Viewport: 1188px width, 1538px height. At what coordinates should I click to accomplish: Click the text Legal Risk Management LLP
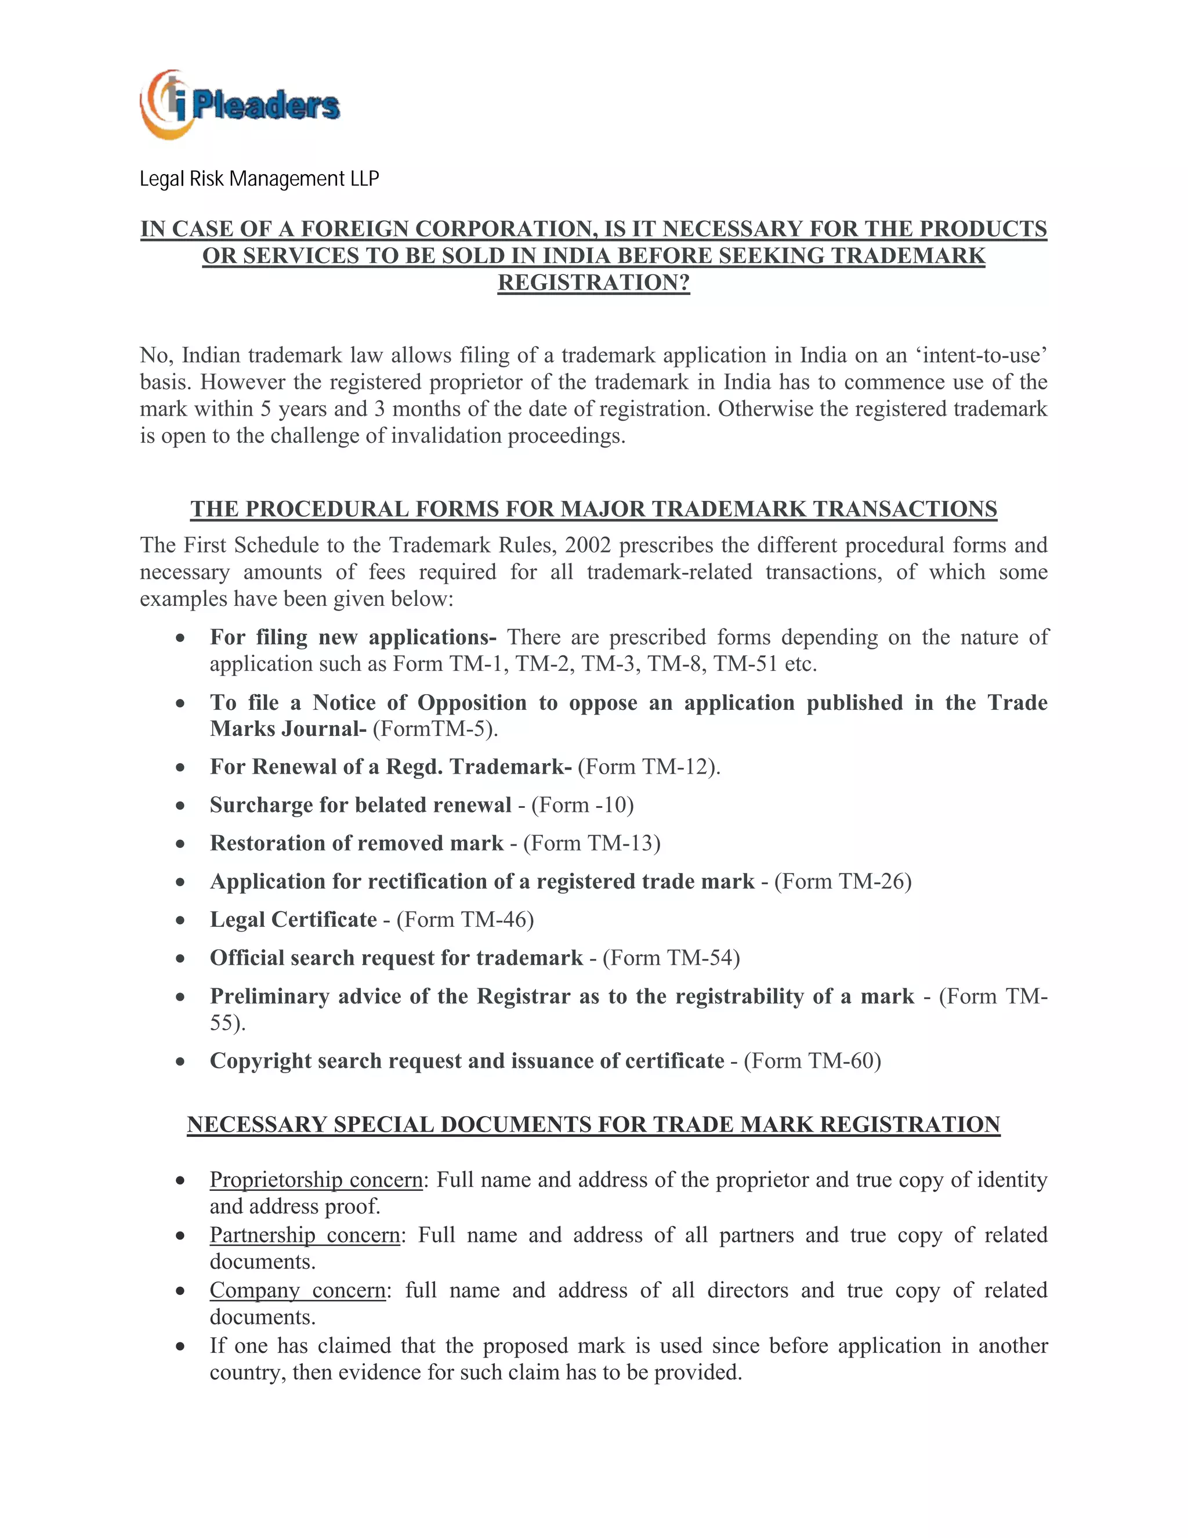pyautogui.click(x=259, y=179)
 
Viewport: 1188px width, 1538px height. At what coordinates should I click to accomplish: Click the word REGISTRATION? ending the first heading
pyautogui.click(x=593, y=283)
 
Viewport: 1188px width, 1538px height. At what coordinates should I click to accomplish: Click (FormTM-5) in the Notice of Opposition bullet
pyautogui.click(x=435, y=728)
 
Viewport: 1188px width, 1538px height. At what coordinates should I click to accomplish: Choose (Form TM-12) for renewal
pyautogui.click(x=649, y=766)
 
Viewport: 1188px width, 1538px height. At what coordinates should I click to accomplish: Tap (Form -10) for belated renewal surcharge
pyautogui.click(x=582, y=804)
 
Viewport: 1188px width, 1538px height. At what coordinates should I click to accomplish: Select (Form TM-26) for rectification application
pyautogui.click(x=842, y=881)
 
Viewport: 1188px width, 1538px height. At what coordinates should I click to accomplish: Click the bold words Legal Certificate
pyautogui.click(x=293, y=920)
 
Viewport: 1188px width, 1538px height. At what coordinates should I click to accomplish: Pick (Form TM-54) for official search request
pyautogui.click(x=671, y=958)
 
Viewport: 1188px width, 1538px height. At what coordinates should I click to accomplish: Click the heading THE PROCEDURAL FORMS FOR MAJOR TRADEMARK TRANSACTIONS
pyautogui.click(x=593, y=509)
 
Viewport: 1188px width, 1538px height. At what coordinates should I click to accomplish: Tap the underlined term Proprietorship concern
pyautogui.click(x=316, y=1179)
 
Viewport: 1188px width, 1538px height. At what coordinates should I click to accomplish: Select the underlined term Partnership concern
pyautogui.click(x=304, y=1234)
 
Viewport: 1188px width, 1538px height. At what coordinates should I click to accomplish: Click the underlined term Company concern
pyautogui.click(x=297, y=1290)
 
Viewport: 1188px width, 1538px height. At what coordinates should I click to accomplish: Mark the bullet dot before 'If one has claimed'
pyautogui.click(x=181, y=1346)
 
